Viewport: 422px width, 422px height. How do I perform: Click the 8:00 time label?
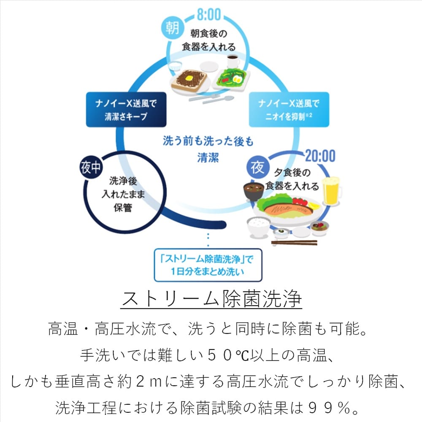click(208, 14)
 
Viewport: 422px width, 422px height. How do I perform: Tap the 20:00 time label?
click(320, 156)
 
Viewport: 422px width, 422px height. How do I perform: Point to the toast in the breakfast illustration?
click(191, 79)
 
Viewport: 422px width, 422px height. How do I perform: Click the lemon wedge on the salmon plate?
click(314, 206)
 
